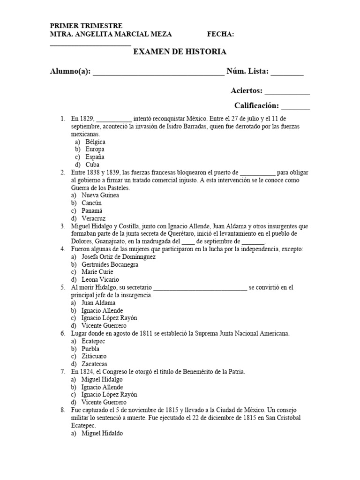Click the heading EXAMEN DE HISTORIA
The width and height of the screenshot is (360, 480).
[x=180, y=52]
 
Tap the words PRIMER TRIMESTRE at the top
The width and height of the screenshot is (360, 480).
[x=86, y=25]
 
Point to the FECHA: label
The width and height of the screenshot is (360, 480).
[x=220, y=34]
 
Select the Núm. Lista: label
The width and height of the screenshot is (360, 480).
[x=247, y=71]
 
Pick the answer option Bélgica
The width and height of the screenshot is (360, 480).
[x=96, y=142]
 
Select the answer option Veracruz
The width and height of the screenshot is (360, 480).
[x=94, y=218]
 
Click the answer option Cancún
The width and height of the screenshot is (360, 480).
[x=91, y=203]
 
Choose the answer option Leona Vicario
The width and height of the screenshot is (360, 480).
[x=100, y=279]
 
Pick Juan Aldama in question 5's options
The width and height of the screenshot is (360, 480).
[x=98, y=303]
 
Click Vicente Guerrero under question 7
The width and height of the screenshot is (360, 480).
[x=104, y=402]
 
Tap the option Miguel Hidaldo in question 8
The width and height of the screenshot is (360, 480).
[x=102, y=433]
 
